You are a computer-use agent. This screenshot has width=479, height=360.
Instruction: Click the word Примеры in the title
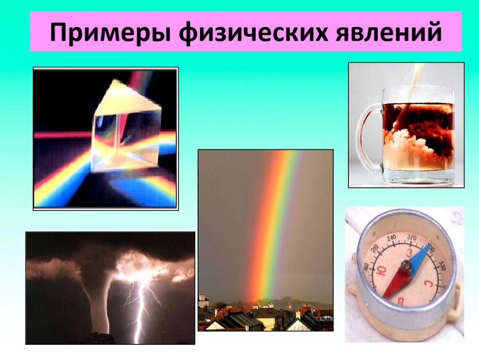coord(108,32)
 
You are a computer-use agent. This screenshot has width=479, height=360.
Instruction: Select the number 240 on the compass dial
coord(392,239)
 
